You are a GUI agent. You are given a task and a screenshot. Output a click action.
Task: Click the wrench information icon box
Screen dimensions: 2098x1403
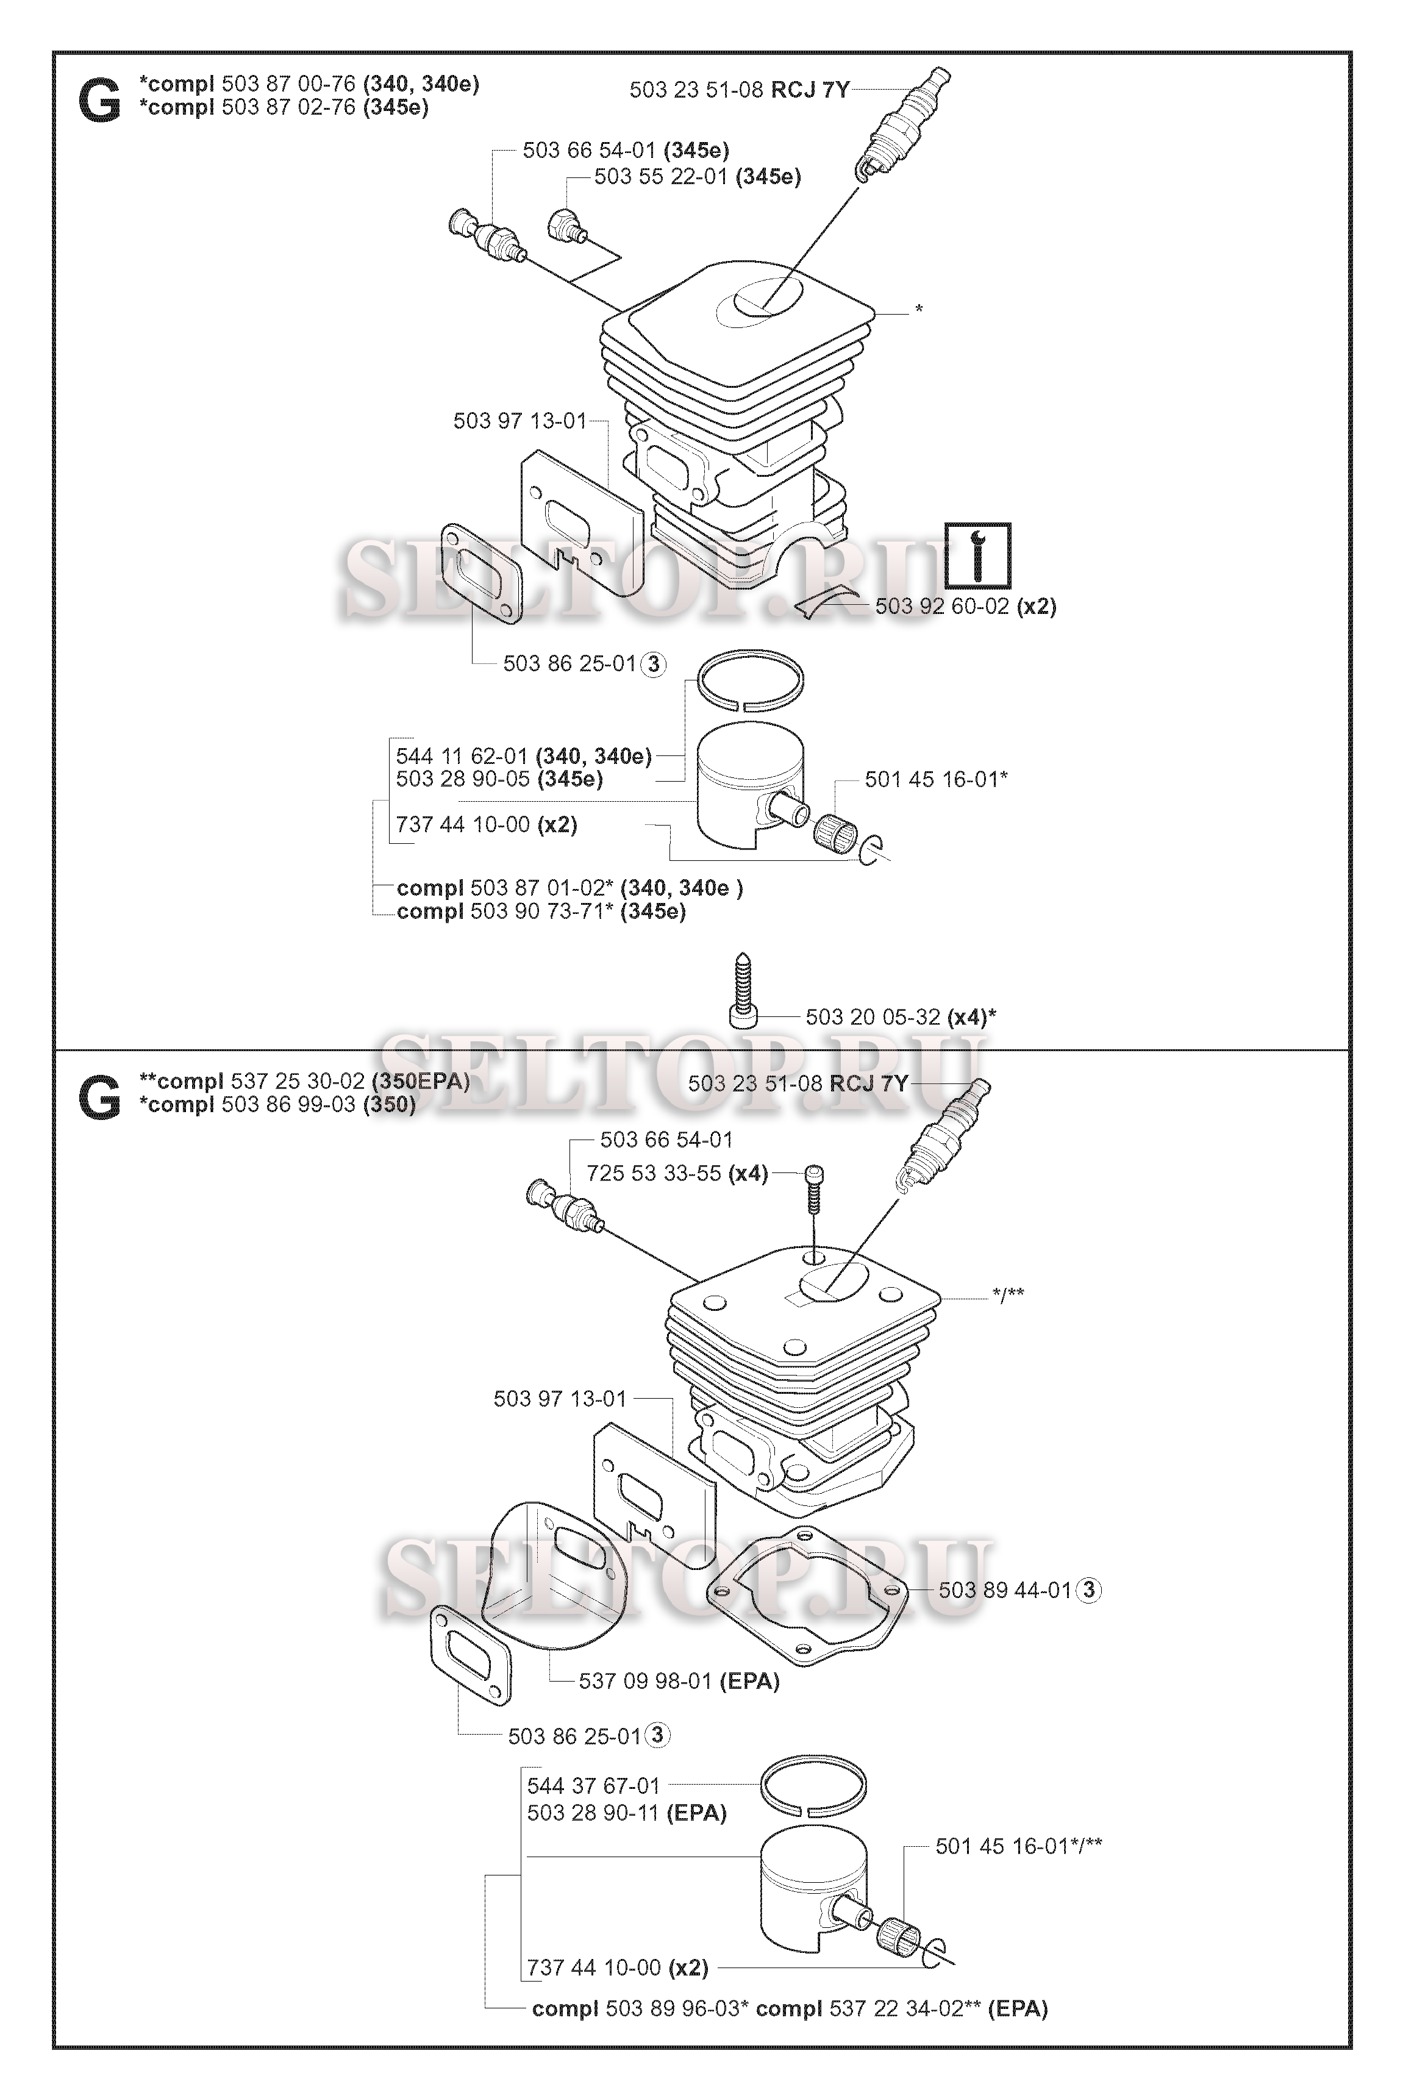click(x=978, y=555)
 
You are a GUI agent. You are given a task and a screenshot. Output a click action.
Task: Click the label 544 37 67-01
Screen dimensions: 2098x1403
click(x=593, y=1786)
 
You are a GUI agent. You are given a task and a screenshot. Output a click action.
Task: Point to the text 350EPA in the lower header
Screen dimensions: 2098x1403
click(x=421, y=1081)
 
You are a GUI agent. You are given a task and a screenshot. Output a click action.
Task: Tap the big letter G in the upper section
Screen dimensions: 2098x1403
click(x=100, y=102)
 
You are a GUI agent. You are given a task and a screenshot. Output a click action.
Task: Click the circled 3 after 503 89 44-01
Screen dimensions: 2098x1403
click(x=1089, y=1590)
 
